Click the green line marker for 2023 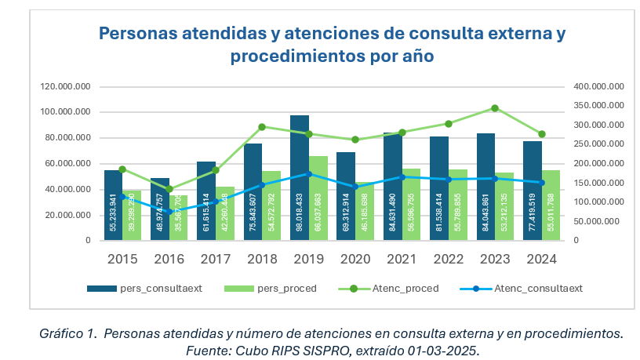coord(495,108)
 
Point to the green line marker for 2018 coord(262,126)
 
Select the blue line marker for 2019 coord(308,174)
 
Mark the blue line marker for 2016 coord(169,212)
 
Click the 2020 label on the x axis coord(355,260)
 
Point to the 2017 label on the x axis coord(216,260)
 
